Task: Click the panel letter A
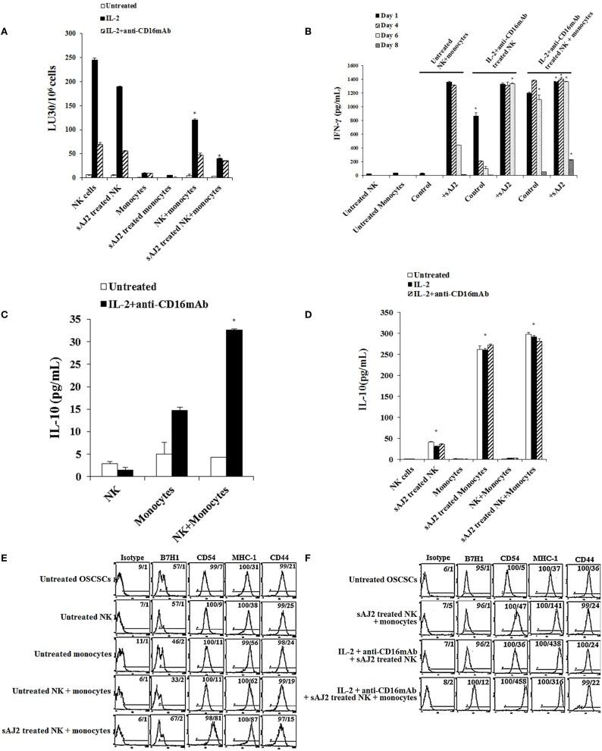point(5,33)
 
